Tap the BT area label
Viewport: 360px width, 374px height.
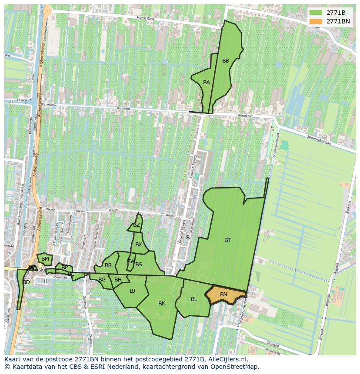[x=227, y=240]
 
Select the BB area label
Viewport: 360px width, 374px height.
[x=226, y=61]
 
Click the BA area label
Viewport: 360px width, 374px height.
[x=207, y=83]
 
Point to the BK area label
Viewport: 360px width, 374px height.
[x=162, y=304]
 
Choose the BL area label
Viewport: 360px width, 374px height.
[x=194, y=299]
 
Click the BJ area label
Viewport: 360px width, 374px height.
[x=132, y=291]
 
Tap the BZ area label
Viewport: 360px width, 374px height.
[x=137, y=225]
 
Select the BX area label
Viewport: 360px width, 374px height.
[x=139, y=245]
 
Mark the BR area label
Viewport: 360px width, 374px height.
[x=108, y=265]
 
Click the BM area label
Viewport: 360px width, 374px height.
[x=45, y=259]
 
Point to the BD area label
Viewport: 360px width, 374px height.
[x=27, y=282]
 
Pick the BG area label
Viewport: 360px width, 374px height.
[x=102, y=280]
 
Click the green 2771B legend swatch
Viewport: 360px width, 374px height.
[x=317, y=13]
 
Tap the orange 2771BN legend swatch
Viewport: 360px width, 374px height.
[x=317, y=21]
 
